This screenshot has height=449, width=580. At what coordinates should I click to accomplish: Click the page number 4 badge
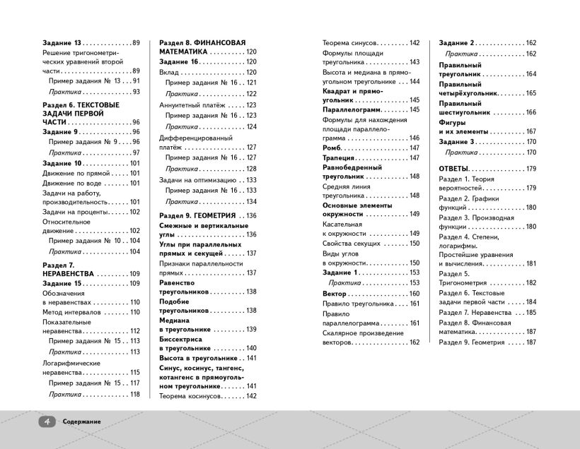(47, 421)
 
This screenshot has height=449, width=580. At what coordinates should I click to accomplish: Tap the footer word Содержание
(81, 421)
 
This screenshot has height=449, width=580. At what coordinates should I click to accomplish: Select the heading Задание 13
(63, 42)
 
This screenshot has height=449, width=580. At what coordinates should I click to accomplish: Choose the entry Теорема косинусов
(190, 396)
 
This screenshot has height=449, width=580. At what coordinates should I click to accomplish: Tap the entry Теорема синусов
(350, 42)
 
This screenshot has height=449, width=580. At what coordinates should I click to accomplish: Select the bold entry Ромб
(332, 148)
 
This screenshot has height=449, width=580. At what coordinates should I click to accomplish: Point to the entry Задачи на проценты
(75, 212)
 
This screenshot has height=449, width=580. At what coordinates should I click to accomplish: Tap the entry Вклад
(170, 72)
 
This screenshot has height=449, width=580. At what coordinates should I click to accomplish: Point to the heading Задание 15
(63, 283)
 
